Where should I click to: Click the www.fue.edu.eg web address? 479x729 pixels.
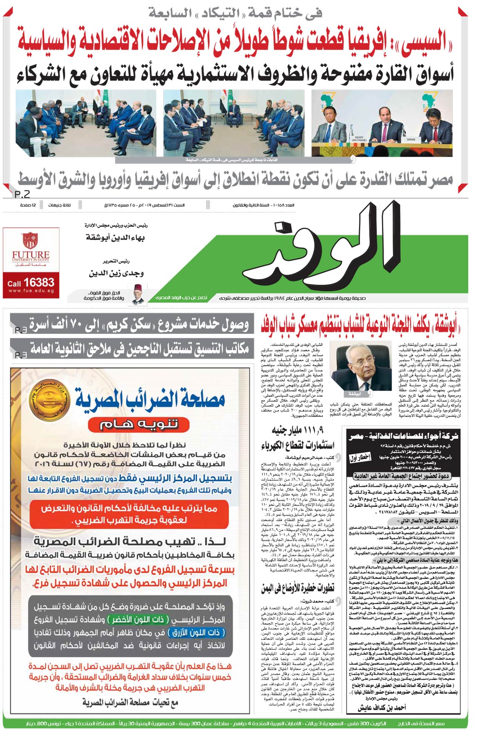pos(31,291)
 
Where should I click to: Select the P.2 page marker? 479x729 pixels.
pos(22,194)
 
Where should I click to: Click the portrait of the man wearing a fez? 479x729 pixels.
pos(137,294)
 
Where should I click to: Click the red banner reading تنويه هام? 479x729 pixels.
pos(139,424)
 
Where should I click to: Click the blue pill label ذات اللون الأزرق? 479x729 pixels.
pos(196,632)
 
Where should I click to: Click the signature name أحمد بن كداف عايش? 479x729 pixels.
pos(382,707)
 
